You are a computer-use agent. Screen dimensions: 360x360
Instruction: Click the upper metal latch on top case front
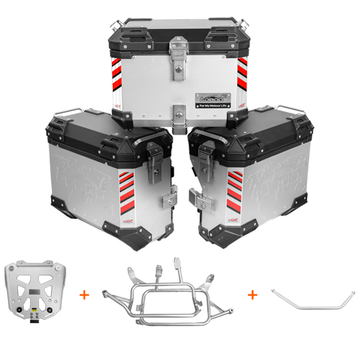pyautogui.click(x=179, y=54)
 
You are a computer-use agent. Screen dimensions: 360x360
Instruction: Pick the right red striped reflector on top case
pyautogui.click(x=243, y=72)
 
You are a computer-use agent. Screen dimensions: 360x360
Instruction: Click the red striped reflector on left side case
pyautogui.click(x=127, y=189)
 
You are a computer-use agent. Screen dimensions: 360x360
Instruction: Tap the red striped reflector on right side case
pyautogui.click(x=234, y=189)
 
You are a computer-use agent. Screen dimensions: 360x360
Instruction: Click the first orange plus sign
pyautogui.click(x=84, y=295)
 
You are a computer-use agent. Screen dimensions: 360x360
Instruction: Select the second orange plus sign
pyautogui.click(x=252, y=295)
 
